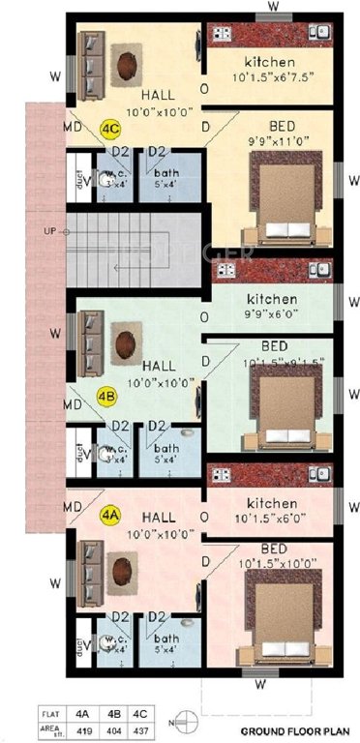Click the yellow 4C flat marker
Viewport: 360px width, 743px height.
(x=111, y=128)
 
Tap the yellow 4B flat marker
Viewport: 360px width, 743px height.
(x=107, y=396)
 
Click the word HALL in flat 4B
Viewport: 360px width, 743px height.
(x=159, y=367)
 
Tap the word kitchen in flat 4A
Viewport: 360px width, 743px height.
(x=271, y=503)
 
